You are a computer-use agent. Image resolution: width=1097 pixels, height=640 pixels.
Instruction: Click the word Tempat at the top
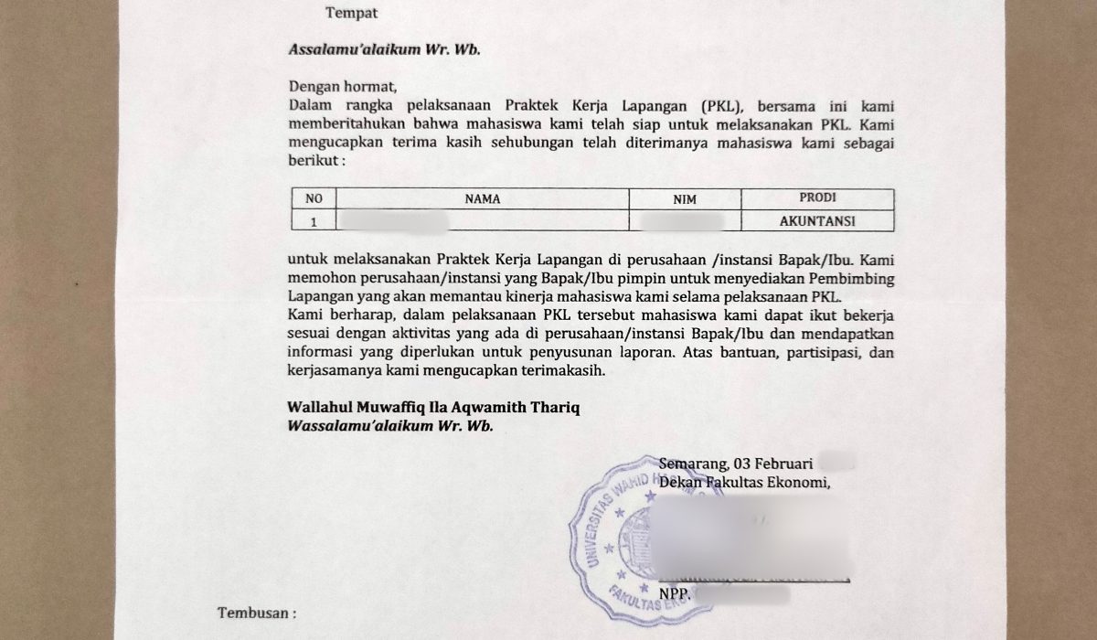(352, 13)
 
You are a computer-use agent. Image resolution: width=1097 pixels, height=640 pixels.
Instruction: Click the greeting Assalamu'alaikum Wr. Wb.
(384, 49)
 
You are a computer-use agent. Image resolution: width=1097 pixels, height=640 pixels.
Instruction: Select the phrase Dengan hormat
(344, 88)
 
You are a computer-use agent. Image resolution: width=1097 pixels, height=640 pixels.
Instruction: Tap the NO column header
(314, 198)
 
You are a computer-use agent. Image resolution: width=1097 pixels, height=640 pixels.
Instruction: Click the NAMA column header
(483, 198)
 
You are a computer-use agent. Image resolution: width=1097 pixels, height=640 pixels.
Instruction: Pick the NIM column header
(685, 198)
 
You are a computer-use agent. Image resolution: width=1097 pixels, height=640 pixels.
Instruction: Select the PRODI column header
(817, 197)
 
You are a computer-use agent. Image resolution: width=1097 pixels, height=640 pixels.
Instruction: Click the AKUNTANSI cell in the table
(817, 220)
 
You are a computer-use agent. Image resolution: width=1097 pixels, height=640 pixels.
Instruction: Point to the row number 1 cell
(314, 220)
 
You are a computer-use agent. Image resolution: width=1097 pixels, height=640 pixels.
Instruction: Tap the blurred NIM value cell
(682, 220)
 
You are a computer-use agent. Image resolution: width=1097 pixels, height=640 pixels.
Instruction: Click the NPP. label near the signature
(674, 593)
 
